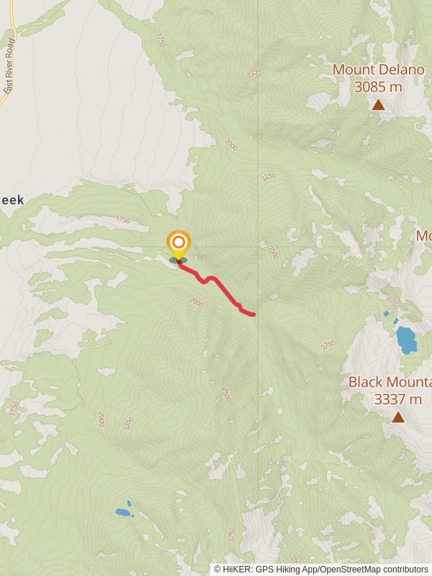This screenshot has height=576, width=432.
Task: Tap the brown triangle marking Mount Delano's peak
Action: pos(379,105)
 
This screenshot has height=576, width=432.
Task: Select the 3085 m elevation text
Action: pos(378,87)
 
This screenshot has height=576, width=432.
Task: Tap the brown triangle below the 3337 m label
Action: pos(398,417)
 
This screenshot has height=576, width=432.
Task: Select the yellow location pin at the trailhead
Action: pos(178,246)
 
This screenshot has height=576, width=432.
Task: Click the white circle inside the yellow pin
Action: pos(178,242)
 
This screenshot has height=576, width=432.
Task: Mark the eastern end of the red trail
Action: pos(253,314)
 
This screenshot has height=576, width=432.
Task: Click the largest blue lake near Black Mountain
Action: pos(406,339)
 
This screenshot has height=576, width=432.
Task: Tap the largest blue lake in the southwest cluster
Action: pos(123,513)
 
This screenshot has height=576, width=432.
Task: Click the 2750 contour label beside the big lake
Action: pos(392,302)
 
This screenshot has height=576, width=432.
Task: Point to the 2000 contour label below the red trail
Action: pos(197,305)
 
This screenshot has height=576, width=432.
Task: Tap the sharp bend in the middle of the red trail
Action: pos(210,278)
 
